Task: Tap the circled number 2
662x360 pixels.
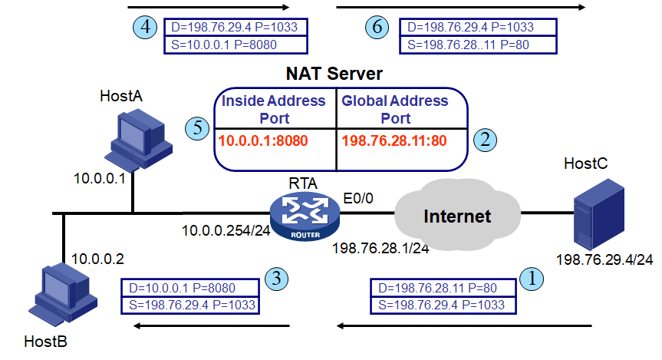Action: click(x=485, y=139)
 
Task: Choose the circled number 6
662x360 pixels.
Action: click(x=376, y=27)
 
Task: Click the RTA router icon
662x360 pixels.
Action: click(x=304, y=216)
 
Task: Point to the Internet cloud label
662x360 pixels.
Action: click(x=457, y=216)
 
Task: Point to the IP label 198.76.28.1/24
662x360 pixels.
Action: click(x=380, y=249)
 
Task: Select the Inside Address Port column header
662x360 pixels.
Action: click(x=274, y=109)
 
